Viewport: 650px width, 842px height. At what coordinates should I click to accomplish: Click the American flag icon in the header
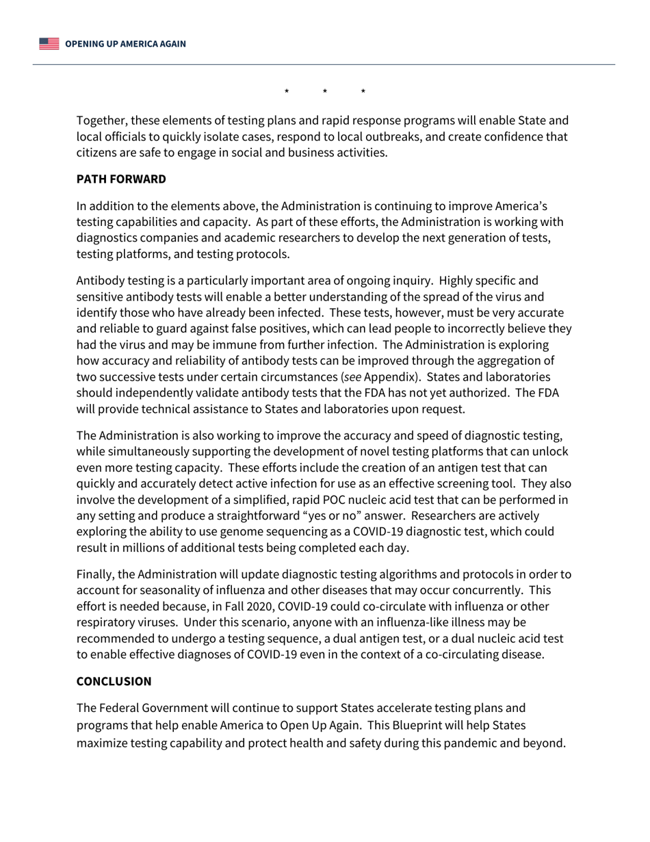coord(49,44)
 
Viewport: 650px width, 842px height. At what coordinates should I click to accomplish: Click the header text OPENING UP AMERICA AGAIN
coord(125,44)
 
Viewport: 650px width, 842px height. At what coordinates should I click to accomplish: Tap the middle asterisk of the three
coord(325,92)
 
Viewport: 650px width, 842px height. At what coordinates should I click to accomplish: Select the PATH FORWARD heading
coord(121,179)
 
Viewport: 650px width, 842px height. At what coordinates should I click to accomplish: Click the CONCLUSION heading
coord(114,682)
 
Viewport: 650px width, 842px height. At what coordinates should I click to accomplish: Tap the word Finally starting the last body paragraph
coord(96,574)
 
